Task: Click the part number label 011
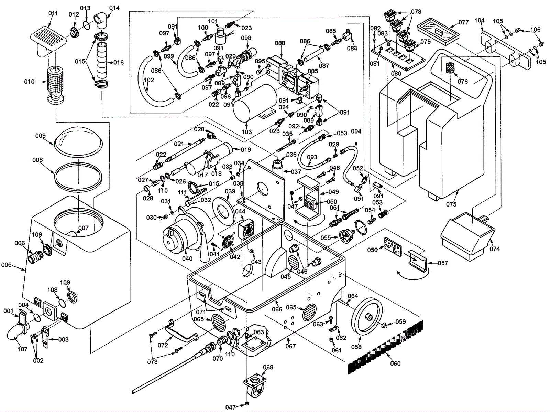click(x=53, y=13)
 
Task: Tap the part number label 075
click(x=451, y=204)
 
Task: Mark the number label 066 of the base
click(x=277, y=309)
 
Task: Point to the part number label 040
click(x=187, y=258)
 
